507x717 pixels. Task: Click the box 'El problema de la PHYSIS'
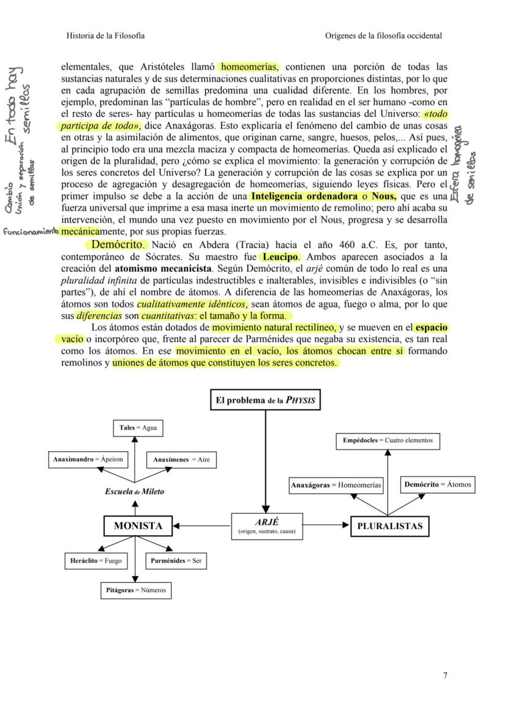coord(265,400)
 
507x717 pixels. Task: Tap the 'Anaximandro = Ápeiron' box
coord(88,459)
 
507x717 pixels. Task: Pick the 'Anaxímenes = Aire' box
coord(181,459)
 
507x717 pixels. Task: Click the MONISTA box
coord(138,525)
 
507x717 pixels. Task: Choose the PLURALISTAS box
coord(389,525)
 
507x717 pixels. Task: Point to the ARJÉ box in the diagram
coord(266,526)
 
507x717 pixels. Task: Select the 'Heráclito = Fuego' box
coord(96,560)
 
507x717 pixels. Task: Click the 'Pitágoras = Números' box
coord(135,590)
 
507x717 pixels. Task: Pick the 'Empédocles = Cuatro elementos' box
coord(388,440)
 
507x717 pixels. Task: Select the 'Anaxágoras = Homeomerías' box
coord(336,485)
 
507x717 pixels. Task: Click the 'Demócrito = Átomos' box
coord(438,484)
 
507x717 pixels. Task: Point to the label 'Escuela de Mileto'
coord(135,491)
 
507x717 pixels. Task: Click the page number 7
coord(445,675)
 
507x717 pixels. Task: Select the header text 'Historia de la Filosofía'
coord(105,36)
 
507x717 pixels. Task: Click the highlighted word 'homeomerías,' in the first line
coord(249,66)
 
